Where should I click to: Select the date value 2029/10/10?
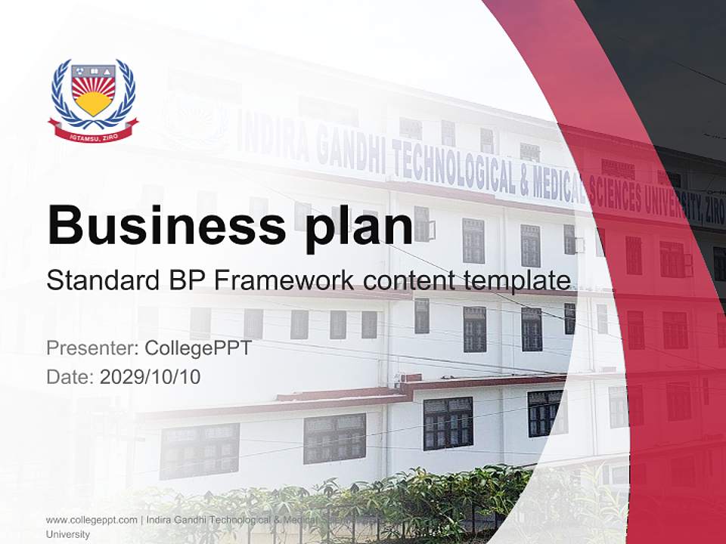pyautogui.click(x=150, y=376)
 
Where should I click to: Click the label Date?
pyautogui.click(x=70, y=376)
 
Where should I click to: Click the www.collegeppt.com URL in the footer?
pyautogui.click(x=92, y=520)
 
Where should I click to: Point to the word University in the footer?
pyautogui.click(x=67, y=534)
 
